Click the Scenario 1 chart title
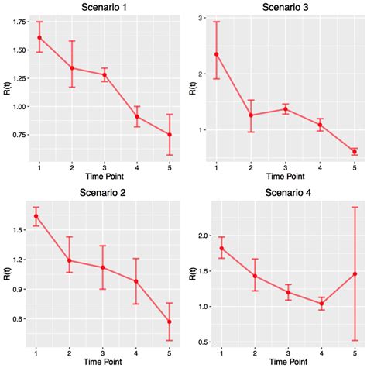point(105,8)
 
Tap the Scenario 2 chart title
point(105,192)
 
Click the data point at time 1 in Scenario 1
point(39,37)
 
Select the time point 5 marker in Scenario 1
point(170,135)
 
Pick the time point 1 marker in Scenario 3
point(217,54)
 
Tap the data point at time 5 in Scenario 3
point(355,152)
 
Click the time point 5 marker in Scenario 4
point(355,273)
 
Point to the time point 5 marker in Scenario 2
point(170,322)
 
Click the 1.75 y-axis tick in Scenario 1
point(16,22)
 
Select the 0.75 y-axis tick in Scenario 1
point(16,135)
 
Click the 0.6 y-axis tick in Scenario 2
point(19,318)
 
